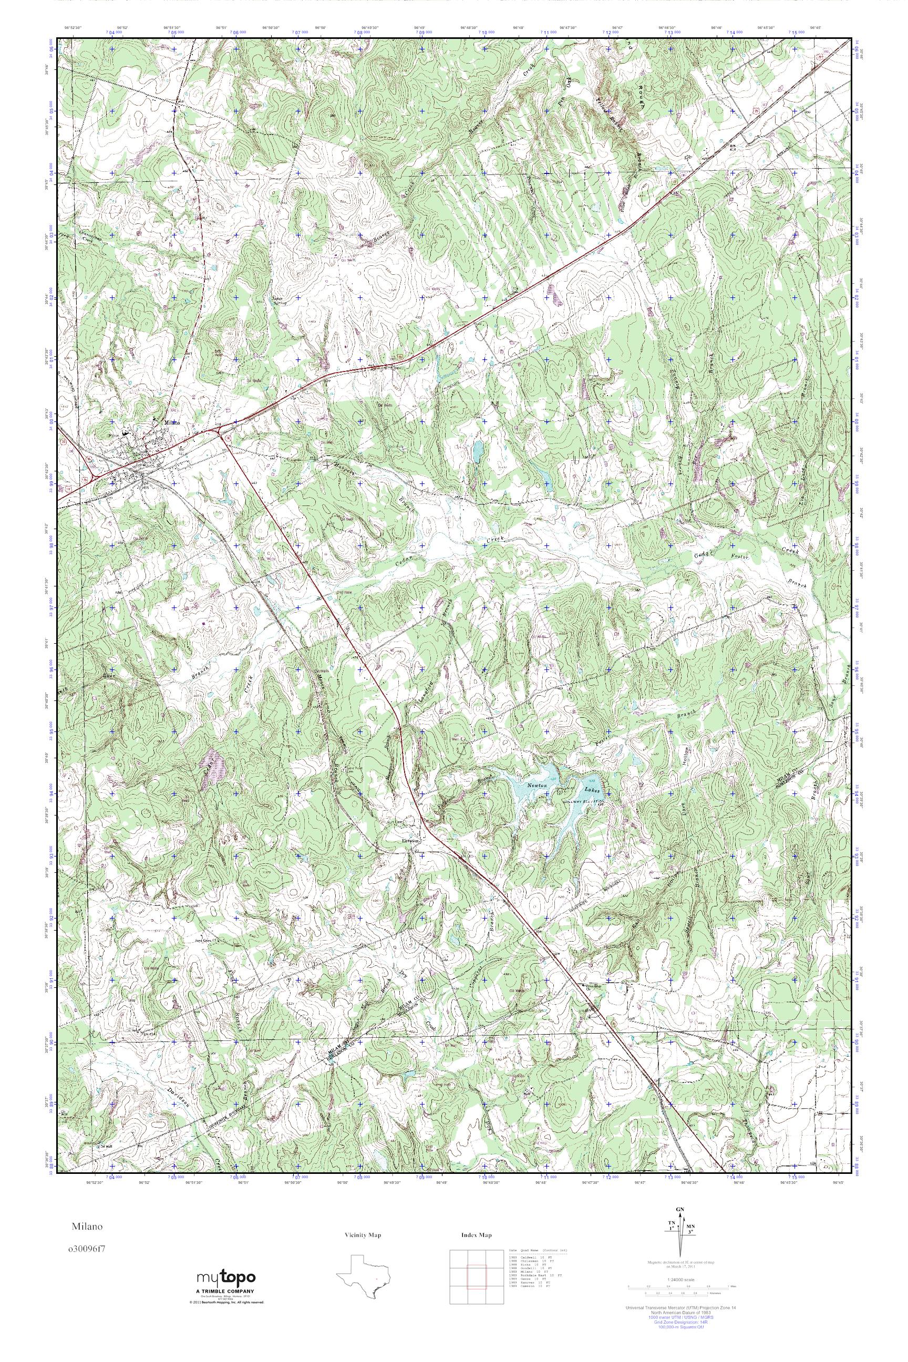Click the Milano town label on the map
point(172,422)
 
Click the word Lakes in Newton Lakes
point(592,789)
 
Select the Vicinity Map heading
point(363,1236)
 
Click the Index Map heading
point(476,1236)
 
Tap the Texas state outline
point(364,1270)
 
